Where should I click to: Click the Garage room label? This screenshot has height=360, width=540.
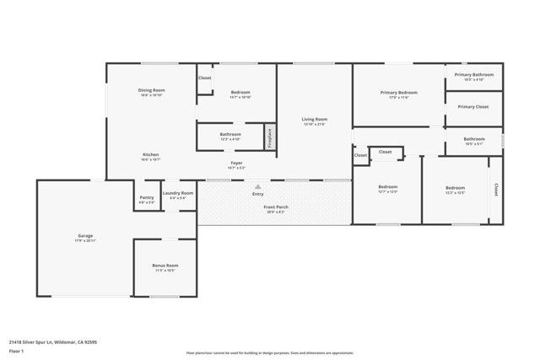85,238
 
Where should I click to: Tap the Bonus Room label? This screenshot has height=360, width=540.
165,266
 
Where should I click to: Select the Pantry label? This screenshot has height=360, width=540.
147,198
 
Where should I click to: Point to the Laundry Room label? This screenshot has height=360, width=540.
178,193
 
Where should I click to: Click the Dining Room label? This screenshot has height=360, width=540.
152,90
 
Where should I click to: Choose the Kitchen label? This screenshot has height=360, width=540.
151,154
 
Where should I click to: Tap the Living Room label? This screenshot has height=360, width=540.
315,120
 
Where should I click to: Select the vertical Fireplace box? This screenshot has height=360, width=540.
270,137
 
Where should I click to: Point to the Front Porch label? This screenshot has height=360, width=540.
276,207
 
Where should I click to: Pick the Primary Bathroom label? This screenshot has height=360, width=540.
473,75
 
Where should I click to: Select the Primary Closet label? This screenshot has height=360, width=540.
473,107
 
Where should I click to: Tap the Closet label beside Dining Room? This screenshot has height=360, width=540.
204,78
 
